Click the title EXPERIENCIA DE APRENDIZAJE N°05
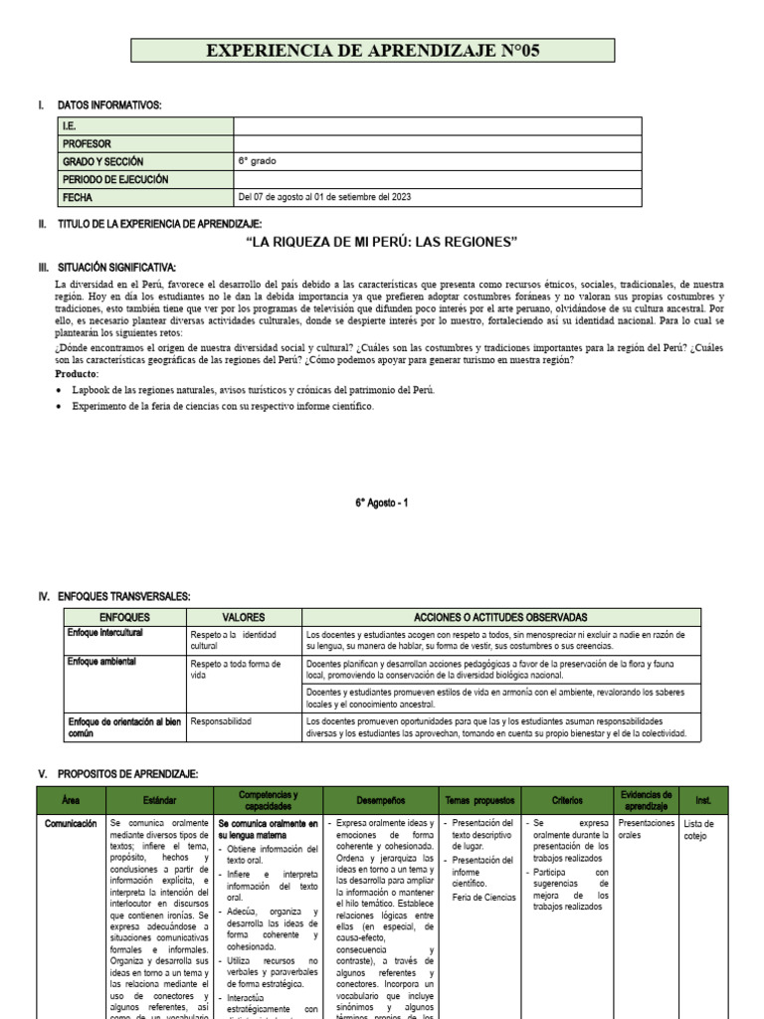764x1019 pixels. click(373, 51)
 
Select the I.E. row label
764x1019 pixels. click(71, 126)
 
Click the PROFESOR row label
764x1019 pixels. click(87, 143)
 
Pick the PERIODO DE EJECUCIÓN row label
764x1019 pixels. click(115, 179)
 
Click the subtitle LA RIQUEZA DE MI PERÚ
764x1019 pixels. click(382, 242)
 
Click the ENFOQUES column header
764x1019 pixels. click(123, 617)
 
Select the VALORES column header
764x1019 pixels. click(243, 617)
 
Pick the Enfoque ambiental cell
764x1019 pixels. click(101, 662)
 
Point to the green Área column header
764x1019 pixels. click(70, 800)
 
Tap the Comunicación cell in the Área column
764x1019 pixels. click(70, 824)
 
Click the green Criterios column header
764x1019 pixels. click(574, 800)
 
